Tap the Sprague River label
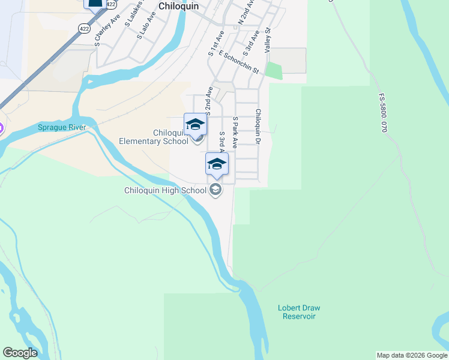(62, 127)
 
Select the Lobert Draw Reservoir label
(297, 312)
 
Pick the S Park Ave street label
(235, 133)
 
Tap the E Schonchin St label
(238, 62)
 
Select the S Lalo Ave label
(142, 28)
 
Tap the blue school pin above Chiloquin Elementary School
(195, 124)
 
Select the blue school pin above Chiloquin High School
(217, 163)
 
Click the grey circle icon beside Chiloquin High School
(215, 191)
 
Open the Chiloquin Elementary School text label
(154, 137)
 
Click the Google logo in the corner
(20, 353)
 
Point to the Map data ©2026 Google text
(412, 355)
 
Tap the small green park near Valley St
(274, 70)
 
